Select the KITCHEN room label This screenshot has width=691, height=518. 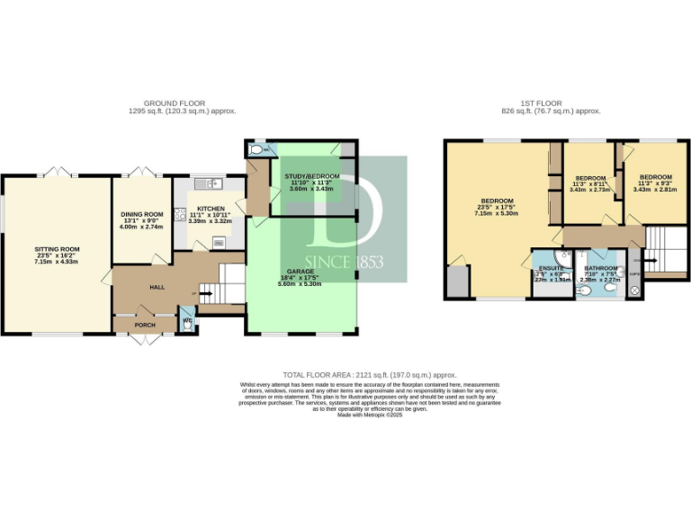coord(211,208)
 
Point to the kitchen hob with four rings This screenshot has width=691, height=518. coord(181,215)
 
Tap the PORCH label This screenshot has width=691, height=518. coord(145,325)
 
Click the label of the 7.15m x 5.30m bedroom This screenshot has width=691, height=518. coord(497,201)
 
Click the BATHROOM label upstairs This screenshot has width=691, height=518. coord(600,269)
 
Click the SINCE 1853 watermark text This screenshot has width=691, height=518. coord(345,263)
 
